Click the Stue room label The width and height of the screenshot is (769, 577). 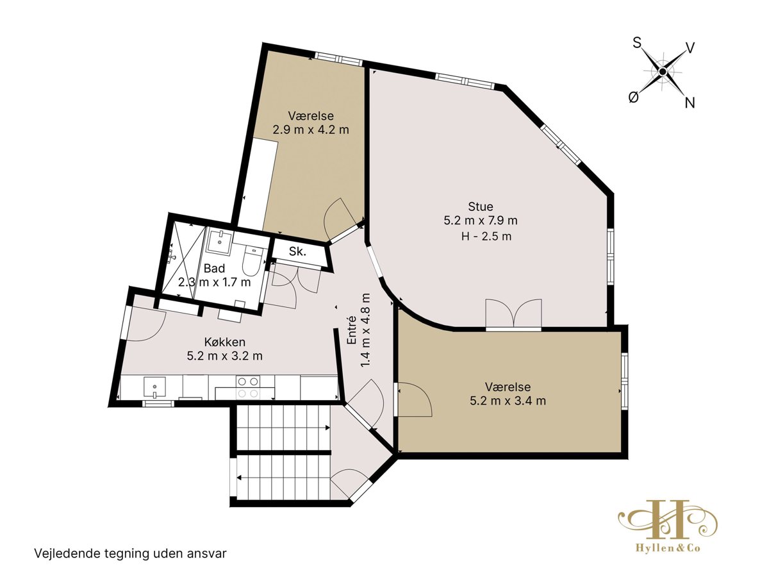481,206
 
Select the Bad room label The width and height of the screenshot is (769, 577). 214,269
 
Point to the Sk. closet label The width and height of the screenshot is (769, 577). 297,251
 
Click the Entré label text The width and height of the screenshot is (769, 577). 351,330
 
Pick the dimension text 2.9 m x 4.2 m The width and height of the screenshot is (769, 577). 311,130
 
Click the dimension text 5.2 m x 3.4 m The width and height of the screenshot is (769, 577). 508,401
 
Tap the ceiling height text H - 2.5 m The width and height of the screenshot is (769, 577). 486,237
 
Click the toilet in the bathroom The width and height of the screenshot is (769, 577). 251,261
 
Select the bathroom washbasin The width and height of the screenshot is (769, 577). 219,240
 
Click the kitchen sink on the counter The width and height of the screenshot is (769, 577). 154,387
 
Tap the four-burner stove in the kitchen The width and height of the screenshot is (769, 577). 248,387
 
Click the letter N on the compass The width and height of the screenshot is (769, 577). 690,103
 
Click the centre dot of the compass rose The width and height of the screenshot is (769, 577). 662,72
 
